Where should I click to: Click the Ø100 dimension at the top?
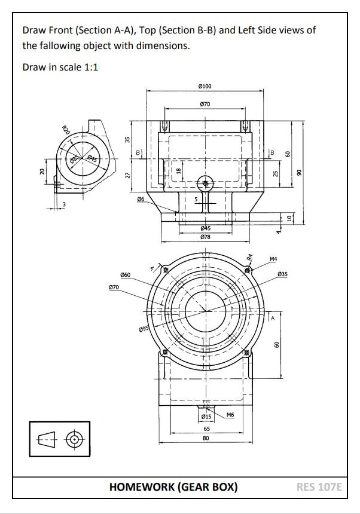[x=205, y=87]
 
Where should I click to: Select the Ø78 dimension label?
[x=205, y=237]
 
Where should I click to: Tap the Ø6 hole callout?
[x=140, y=199]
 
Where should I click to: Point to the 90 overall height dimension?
[x=299, y=172]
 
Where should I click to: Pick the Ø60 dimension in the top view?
[x=125, y=274]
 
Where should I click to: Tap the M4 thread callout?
[x=273, y=259]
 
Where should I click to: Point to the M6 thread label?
[x=230, y=414]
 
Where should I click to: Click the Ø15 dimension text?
[x=206, y=417]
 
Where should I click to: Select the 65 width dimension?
[x=206, y=429]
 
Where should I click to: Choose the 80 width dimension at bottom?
[x=206, y=438]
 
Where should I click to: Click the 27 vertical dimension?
[x=127, y=175]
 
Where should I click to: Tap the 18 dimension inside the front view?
[x=178, y=170]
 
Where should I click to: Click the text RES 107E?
[x=319, y=487]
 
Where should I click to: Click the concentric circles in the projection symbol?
[x=74, y=440]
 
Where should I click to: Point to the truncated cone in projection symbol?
[x=47, y=440]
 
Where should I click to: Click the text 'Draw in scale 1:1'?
[x=60, y=67]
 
